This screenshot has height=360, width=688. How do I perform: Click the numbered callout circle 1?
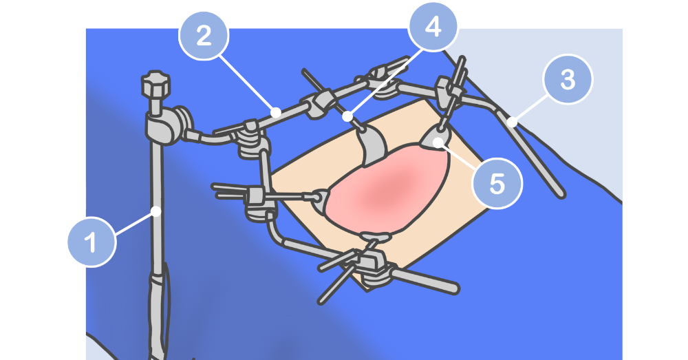pyautogui.click(x=92, y=242)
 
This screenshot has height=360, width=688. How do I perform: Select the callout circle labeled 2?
pyautogui.click(x=204, y=36)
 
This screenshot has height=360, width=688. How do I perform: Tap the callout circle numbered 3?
pyautogui.click(x=568, y=79)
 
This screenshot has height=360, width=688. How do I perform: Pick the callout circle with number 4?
pyautogui.click(x=433, y=27)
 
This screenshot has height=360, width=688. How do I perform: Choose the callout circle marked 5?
pyautogui.click(x=497, y=183)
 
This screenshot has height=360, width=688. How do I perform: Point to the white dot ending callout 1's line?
pyautogui.click(x=155, y=211)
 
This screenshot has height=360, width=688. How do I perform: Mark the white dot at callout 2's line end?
pyautogui.click(x=276, y=112)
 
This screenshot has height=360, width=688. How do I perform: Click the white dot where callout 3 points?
pyautogui.click(x=512, y=122)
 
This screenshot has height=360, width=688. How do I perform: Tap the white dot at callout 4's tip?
pyautogui.click(x=347, y=117)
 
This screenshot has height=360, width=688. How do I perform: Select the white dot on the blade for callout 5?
pyautogui.click(x=438, y=141)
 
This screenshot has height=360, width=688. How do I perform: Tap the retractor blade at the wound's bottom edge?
pyautogui.click(x=376, y=237)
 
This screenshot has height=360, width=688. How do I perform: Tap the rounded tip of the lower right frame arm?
pyautogui.click(x=453, y=288)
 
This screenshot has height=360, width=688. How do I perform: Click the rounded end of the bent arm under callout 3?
pyautogui.click(x=561, y=193)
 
